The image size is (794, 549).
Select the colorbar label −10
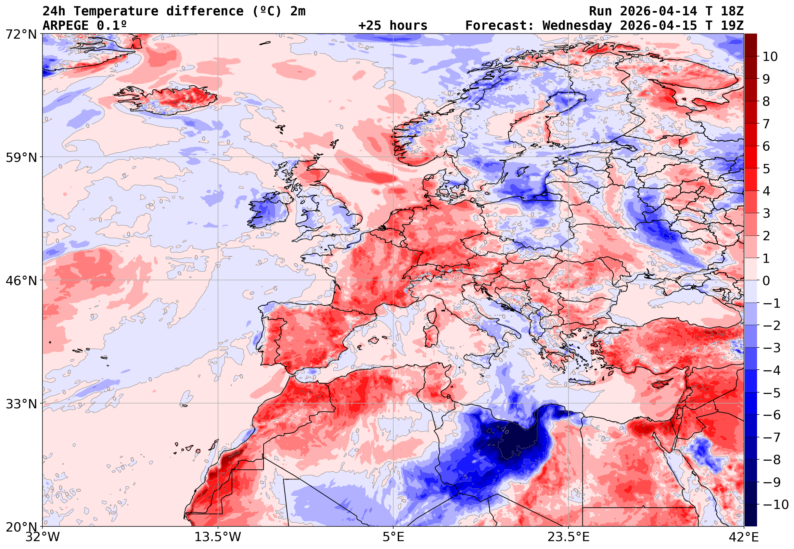pyautogui.click(x=776, y=505)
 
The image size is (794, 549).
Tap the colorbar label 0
pyautogui.click(x=766, y=281)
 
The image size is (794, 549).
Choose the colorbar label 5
pyautogui.click(x=766, y=169)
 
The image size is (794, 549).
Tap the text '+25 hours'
pyautogui.click(x=393, y=25)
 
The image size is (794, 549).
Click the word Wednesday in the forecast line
pyautogui.click(x=577, y=25)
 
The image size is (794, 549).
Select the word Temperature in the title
pyautogui.click(x=116, y=11)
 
